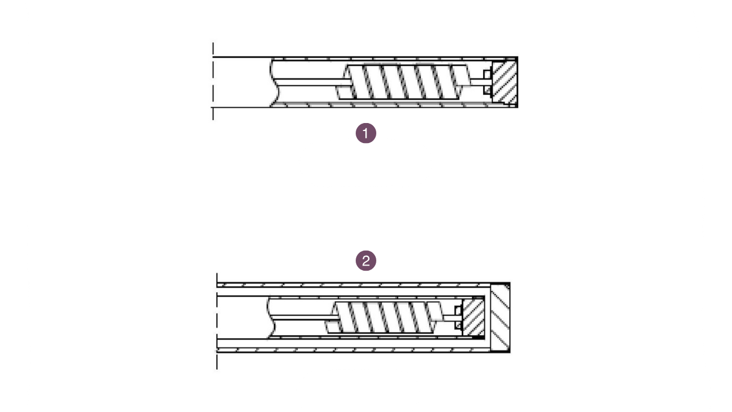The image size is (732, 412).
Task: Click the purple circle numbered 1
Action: pyautogui.click(x=366, y=133)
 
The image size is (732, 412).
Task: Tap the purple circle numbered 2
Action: pyautogui.click(x=366, y=261)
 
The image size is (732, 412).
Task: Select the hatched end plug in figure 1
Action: pyautogui.click(x=504, y=82)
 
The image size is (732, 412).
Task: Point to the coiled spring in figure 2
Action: pyautogui.click(x=387, y=318)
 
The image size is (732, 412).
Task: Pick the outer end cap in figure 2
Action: pyautogui.click(x=500, y=317)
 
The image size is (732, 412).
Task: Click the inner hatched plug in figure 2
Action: pyautogui.click(x=473, y=317)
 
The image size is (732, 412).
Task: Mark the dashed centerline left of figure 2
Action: pyautogui.click(x=217, y=320)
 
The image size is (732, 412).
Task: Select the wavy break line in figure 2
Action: pyautogui.click(x=270, y=317)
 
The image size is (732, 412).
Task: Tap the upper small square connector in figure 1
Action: pyautogui.click(x=487, y=74)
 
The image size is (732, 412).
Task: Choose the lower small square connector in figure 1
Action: pyautogui.click(x=487, y=90)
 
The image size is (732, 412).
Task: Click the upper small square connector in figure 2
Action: pyautogui.click(x=458, y=310)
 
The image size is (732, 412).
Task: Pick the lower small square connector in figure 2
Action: pyautogui.click(x=458, y=325)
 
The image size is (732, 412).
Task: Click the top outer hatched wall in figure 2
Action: pyautogui.click(x=355, y=284)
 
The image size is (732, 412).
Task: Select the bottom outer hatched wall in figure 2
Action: pyautogui.click(x=355, y=350)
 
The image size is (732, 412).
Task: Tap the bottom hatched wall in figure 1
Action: pyautogui.click(x=377, y=105)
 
